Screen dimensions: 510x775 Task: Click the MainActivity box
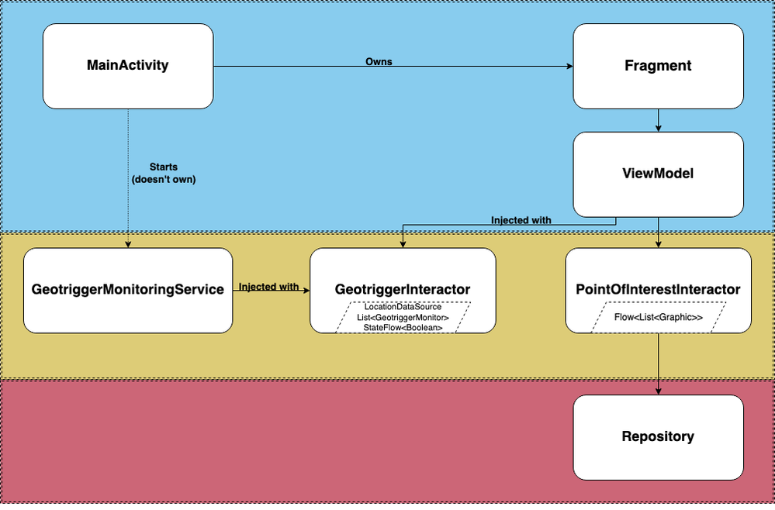(127, 66)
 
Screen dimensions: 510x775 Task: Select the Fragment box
(658, 66)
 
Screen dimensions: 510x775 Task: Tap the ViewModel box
(658, 174)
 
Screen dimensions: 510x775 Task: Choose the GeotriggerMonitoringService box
(128, 290)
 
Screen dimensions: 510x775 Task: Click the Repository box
(658, 436)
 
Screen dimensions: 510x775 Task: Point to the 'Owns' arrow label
(379, 61)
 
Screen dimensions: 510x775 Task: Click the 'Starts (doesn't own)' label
(164, 172)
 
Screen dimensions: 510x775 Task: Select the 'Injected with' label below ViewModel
(521, 220)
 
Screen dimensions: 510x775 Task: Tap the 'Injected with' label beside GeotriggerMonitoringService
(268, 287)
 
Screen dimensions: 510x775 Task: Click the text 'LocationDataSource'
(403, 308)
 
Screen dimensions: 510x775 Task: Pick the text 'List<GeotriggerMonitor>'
(403, 318)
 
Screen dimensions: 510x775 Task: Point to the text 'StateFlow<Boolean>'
(403, 328)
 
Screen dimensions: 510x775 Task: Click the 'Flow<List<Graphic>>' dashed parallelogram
(658, 318)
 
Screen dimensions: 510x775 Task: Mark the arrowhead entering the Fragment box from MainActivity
(569, 67)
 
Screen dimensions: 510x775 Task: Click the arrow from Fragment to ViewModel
(658, 120)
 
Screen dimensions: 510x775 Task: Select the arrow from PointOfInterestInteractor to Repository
(658, 364)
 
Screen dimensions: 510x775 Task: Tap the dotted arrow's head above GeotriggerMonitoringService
(128, 244)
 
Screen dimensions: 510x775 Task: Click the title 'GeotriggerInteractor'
(403, 290)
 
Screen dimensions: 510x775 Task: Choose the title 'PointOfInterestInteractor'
(658, 290)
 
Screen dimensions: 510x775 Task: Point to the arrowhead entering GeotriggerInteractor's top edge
(401, 244)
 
